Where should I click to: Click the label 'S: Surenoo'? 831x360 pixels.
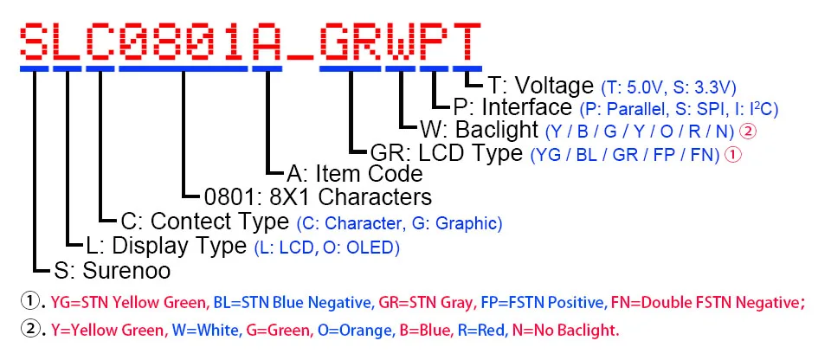coord(112,270)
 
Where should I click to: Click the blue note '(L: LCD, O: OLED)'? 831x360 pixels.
coord(327,247)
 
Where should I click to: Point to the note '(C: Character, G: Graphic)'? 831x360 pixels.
coord(398,223)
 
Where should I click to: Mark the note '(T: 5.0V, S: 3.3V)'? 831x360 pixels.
coord(668,87)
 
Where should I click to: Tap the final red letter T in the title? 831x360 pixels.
coord(467,39)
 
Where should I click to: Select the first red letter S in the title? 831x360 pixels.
coord(34,39)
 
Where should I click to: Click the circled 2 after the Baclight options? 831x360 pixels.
coord(750,132)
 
